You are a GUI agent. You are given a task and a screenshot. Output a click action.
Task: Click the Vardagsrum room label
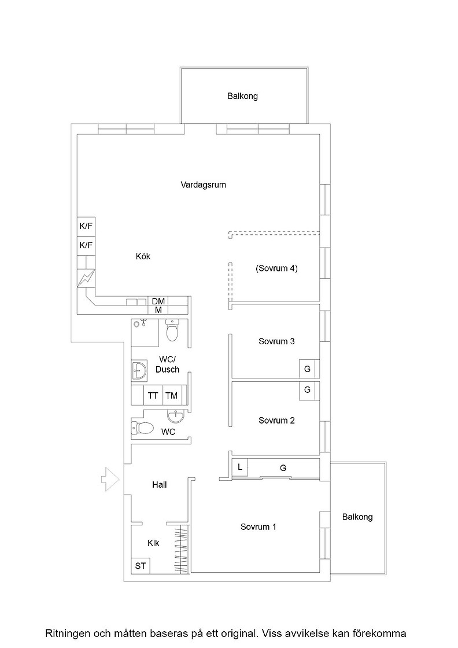[x=203, y=185]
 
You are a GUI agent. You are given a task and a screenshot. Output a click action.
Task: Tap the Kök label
[x=143, y=256]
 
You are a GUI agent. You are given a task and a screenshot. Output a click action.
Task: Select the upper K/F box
[x=86, y=226]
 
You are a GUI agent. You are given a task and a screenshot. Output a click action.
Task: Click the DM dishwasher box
[x=158, y=301]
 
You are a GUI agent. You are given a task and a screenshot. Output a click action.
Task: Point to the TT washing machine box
[x=153, y=396]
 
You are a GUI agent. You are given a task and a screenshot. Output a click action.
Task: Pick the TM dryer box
[x=172, y=396]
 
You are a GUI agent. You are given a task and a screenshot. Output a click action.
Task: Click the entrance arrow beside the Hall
[x=110, y=480]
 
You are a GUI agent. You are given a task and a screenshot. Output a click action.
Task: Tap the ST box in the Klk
[x=141, y=565]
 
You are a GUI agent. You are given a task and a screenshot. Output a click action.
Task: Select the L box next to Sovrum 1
[x=240, y=467]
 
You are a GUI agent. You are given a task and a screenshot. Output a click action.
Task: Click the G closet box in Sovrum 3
[x=307, y=369]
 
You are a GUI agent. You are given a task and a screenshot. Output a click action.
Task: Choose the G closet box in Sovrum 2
[x=307, y=391]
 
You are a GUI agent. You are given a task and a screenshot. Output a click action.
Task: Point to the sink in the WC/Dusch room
[x=139, y=371]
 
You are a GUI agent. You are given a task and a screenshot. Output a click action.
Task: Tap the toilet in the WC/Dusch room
[x=172, y=330]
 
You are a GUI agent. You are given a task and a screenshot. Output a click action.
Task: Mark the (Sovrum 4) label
[x=276, y=268]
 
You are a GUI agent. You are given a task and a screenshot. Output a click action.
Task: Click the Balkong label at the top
[x=242, y=96]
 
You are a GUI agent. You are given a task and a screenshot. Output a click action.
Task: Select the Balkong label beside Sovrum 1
[x=357, y=517]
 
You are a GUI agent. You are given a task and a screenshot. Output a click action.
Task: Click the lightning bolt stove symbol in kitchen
[x=86, y=278]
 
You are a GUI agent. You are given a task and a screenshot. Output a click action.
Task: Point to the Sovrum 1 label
[x=258, y=527]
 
